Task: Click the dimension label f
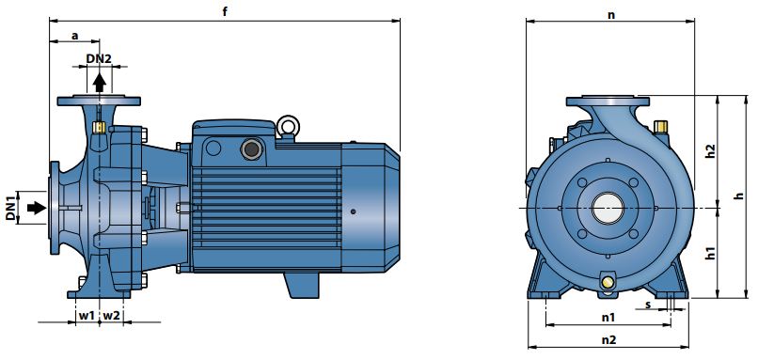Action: (225, 11)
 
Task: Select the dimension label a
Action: (75, 35)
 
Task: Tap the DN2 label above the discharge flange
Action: (99, 58)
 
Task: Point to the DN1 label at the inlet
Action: (11, 208)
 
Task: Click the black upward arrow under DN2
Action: (100, 83)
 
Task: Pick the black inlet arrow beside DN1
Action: (37, 208)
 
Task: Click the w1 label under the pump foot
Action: (87, 316)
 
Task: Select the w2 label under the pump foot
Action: (112, 316)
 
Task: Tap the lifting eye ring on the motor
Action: (288, 127)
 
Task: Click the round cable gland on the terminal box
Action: (252, 149)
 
